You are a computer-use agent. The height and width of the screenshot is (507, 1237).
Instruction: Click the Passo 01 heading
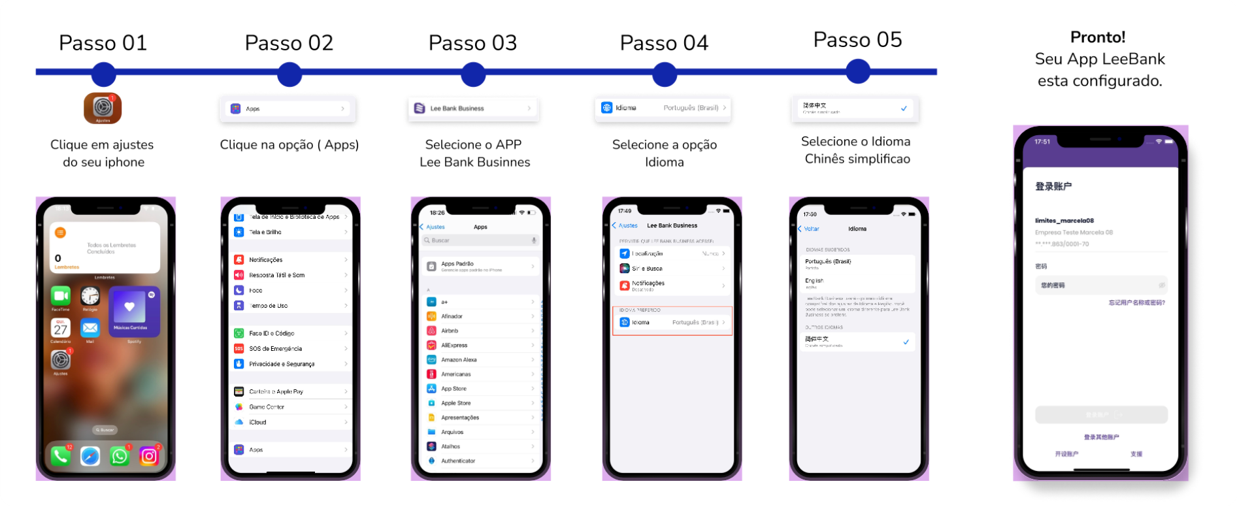pyautogui.click(x=103, y=43)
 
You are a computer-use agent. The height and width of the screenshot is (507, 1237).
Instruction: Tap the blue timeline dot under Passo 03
pyautogui.click(x=473, y=74)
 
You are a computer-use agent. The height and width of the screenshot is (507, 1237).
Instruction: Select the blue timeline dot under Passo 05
pyautogui.click(x=857, y=72)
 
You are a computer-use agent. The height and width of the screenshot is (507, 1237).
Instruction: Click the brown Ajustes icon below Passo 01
pyautogui.click(x=103, y=108)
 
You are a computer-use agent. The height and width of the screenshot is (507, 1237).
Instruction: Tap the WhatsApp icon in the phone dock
pyautogui.click(x=120, y=455)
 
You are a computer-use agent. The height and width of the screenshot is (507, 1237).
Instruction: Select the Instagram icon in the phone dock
pyautogui.click(x=149, y=455)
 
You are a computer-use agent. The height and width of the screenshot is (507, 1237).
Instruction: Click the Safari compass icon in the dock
pyautogui.click(x=90, y=455)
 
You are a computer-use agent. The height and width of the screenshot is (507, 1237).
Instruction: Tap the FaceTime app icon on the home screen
pyautogui.click(x=61, y=296)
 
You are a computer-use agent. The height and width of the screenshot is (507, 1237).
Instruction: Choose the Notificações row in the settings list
pyautogui.click(x=290, y=260)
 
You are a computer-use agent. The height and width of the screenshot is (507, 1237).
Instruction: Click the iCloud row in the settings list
pyautogui.click(x=290, y=422)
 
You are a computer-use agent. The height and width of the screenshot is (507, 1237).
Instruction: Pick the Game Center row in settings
pyautogui.click(x=290, y=407)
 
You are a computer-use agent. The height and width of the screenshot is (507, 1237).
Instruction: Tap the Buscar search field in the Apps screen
pyautogui.click(x=480, y=240)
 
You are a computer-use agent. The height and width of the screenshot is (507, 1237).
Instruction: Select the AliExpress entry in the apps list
pyautogui.click(x=480, y=345)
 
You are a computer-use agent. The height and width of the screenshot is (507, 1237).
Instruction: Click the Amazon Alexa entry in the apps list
pyautogui.click(x=480, y=359)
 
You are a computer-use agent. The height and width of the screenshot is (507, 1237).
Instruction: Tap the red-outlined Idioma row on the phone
pyautogui.click(x=672, y=322)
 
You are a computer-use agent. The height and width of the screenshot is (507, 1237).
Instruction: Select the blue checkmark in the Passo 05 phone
pyautogui.click(x=906, y=342)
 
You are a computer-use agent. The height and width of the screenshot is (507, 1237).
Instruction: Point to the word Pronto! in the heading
pyautogui.click(x=1098, y=37)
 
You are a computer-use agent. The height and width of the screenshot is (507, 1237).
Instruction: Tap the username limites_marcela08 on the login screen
pyautogui.click(x=1064, y=221)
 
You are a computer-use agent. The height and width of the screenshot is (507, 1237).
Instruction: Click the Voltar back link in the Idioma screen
pyautogui.click(x=809, y=229)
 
